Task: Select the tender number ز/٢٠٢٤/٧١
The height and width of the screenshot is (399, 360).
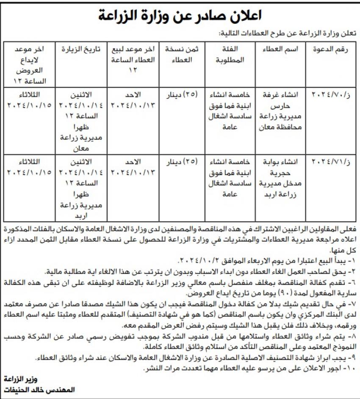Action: pos(330,162)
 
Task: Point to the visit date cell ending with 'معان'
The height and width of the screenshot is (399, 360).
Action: pos(81,121)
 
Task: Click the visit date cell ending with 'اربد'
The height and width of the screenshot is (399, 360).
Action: pos(81,189)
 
